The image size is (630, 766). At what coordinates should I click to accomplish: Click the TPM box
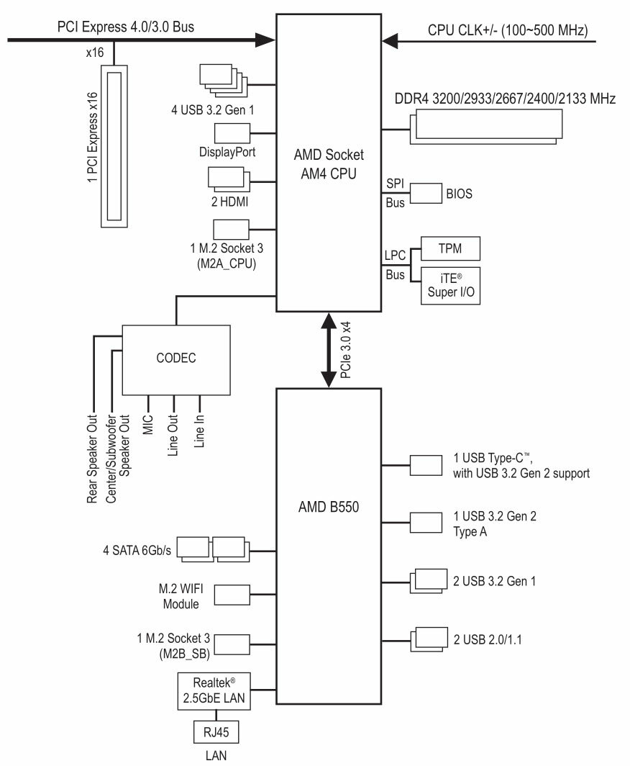coord(450,248)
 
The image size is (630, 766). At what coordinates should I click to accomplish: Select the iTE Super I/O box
coord(450,286)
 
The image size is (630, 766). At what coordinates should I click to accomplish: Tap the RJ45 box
coord(216,731)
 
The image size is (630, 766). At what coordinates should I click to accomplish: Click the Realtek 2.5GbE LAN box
coord(214,691)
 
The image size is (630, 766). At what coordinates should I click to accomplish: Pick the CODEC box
coord(175,360)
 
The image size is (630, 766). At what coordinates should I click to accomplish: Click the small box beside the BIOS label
coord(426,194)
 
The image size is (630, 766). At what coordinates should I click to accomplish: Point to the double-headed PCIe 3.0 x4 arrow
coord(329,350)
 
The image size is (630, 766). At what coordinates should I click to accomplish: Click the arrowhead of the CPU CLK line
coord(390,41)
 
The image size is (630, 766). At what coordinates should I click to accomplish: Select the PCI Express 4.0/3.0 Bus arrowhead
coord(266,40)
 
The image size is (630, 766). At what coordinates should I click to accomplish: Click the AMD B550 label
coord(329,507)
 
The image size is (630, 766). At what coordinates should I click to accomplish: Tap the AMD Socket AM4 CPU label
coord(329,164)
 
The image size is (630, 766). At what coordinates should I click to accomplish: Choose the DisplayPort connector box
coord(232,133)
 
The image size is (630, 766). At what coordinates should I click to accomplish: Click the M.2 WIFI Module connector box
coord(232,595)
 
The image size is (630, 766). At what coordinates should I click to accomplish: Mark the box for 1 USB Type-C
coord(426,466)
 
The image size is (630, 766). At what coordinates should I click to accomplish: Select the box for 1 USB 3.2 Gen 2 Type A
coord(426,523)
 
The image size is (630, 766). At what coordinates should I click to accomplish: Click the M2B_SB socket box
coord(232,644)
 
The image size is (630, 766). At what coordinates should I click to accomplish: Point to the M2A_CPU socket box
coord(231,230)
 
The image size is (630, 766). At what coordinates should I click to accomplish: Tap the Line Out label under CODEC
coord(173,436)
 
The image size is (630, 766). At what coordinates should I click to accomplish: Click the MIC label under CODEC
coord(148,425)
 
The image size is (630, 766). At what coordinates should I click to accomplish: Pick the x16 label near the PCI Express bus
coord(95,53)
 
